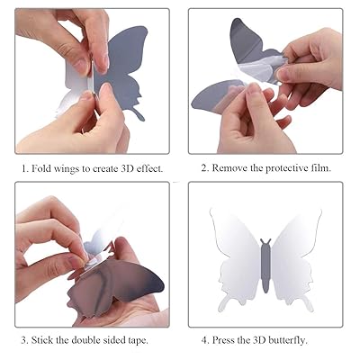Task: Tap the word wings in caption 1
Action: (x=72, y=168)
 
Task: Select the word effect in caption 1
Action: (x=148, y=167)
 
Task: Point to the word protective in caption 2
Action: (x=290, y=168)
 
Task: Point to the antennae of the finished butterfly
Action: (x=265, y=241)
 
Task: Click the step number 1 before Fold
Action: (x=25, y=167)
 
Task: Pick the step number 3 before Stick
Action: (x=25, y=340)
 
